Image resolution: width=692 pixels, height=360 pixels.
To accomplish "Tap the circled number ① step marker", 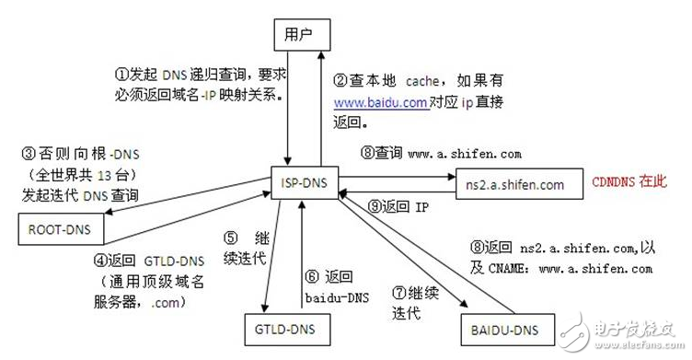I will pyautogui.click(x=121, y=75).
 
